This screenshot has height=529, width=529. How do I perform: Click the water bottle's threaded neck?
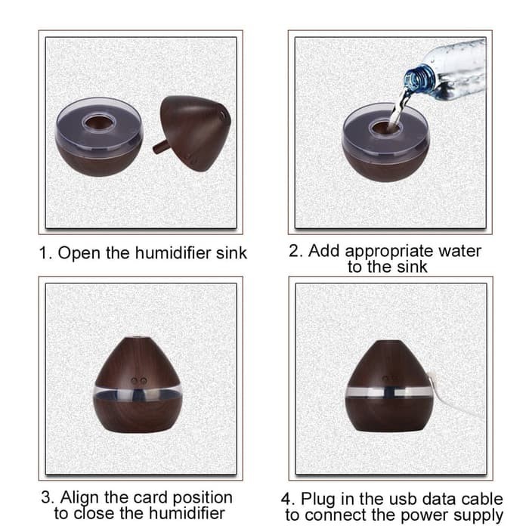click(419, 79)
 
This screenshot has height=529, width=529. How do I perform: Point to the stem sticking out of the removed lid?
click(160, 147)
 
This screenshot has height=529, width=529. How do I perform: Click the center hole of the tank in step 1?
click(98, 123)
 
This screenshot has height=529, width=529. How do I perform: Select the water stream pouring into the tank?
click(401, 107)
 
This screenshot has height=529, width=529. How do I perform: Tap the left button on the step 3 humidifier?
click(135, 381)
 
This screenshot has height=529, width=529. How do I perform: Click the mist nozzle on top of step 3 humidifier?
click(138, 336)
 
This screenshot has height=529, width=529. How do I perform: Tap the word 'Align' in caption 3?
click(80, 498)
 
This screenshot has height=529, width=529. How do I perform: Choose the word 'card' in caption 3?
click(151, 497)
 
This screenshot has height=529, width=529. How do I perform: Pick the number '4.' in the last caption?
click(288, 499)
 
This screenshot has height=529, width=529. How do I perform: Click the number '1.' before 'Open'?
click(46, 253)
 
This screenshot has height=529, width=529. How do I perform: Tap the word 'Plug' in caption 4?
click(318, 500)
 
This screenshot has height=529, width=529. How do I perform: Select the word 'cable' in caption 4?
click(482, 499)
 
